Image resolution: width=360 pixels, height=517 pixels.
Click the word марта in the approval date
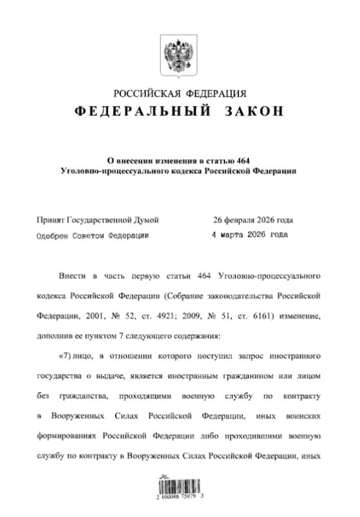(x=235, y=235)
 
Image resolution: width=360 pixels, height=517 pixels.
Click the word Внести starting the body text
(x=73, y=277)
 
